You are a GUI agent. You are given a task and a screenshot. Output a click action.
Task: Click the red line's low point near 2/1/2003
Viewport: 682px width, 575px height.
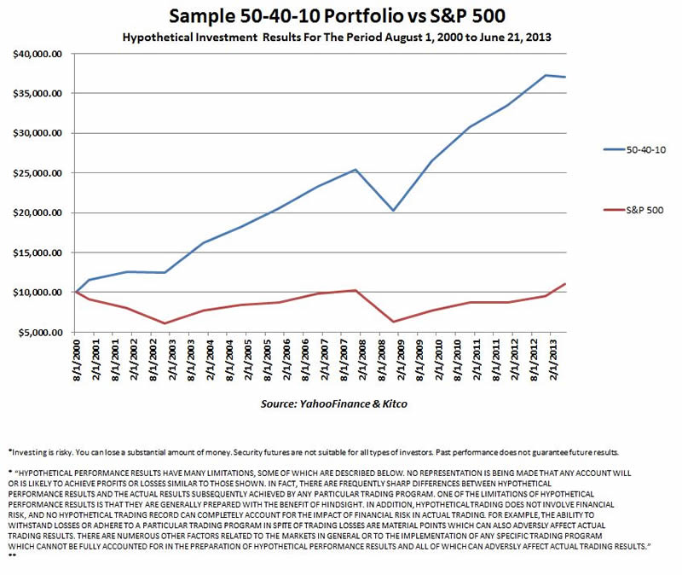165,323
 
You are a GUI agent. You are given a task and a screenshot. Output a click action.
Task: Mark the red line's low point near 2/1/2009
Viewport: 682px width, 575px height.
393,322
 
